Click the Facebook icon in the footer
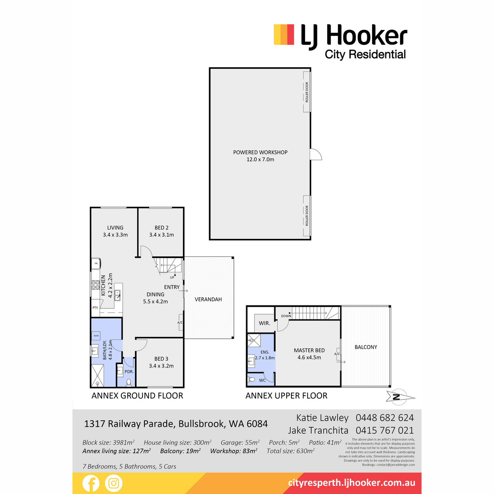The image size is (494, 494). pyautogui.click(x=91, y=483)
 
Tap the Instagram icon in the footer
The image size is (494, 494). pyautogui.click(x=114, y=483)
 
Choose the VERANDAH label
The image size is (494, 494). pyautogui.click(x=208, y=299)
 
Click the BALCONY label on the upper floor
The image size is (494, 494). pyautogui.click(x=366, y=347)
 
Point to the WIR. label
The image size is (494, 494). pyautogui.click(x=264, y=323)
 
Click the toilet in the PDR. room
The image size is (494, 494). pyautogui.click(x=128, y=382)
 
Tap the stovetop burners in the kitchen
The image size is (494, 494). pyautogui.click(x=95, y=285)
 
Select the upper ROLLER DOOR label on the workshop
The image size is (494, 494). pyautogui.click(x=307, y=92)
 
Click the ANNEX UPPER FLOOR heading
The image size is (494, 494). pyautogui.click(x=287, y=396)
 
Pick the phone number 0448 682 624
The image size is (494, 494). pyautogui.click(x=384, y=418)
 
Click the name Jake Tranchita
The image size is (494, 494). pyautogui.click(x=318, y=431)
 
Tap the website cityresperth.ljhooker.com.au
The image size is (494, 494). pyautogui.click(x=352, y=483)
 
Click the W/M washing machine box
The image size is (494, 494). pyautogui.click(x=96, y=336)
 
